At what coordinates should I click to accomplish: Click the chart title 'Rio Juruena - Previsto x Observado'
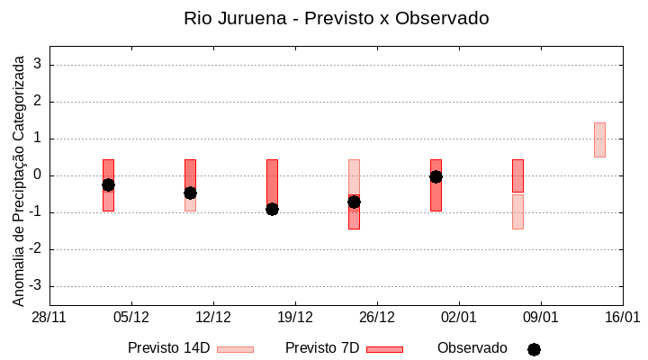(336, 18)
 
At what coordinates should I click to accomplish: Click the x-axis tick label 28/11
(49, 317)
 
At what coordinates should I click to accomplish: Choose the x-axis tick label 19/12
(295, 317)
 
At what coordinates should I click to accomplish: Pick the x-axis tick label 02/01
(459, 317)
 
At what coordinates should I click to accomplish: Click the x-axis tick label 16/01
(622, 317)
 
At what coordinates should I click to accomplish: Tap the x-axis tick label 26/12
(377, 317)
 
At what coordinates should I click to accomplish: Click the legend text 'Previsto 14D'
(168, 348)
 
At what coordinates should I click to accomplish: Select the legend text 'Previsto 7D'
(322, 348)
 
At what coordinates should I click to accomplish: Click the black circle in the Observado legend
(534, 349)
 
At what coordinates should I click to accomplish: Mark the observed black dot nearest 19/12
(272, 209)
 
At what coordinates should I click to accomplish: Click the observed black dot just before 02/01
(436, 176)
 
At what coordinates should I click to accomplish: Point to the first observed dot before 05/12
(108, 184)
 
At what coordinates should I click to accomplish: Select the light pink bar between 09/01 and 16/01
(599, 139)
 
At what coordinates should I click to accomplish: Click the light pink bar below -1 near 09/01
(517, 211)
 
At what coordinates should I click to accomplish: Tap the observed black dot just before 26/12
(354, 202)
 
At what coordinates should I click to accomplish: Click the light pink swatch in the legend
(235, 349)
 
